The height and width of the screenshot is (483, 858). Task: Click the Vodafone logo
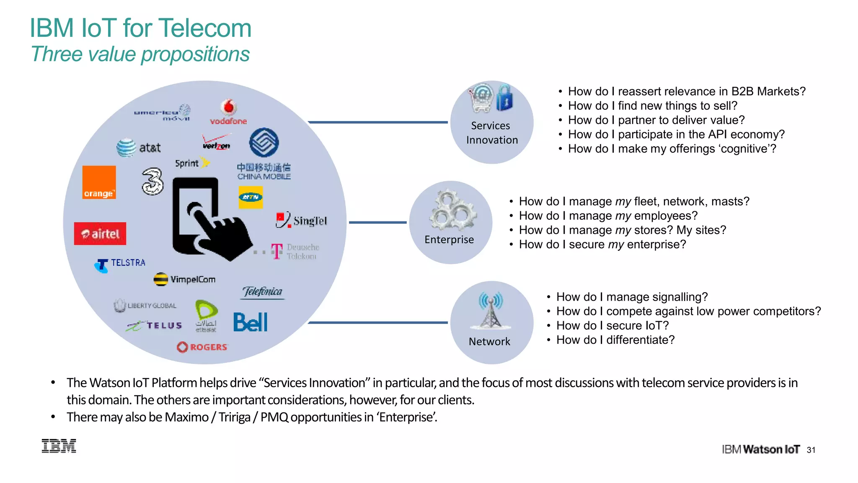(x=228, y=112)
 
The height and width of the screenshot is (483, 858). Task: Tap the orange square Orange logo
(x=99, y=182)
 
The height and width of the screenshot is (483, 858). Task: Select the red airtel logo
(x=100, y=234)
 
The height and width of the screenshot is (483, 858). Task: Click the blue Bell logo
(x=250, y=322)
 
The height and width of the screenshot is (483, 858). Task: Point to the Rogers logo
(x=202, y=347)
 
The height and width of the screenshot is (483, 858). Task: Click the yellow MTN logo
(x=251, y=197)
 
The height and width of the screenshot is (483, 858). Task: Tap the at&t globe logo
(x=127, y=148)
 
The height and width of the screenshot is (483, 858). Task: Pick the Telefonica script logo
(x=263, y=292)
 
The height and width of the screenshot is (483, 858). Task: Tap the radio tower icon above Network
(x=491, y=310)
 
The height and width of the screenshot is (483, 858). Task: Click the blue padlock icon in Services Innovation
(x=504, y=98)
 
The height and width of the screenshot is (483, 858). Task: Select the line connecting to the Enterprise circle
(x=377, y=222)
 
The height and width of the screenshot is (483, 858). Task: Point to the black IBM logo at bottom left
(x=59, y=446)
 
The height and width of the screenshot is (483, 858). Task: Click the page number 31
(x=811, y=450)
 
